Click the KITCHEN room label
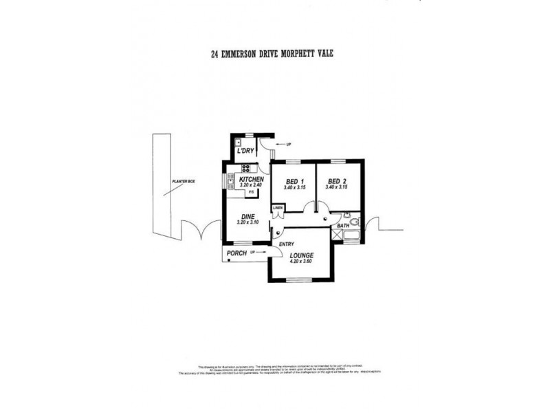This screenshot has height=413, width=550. click(x=251, y=179)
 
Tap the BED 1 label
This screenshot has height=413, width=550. click(x=295, y=182)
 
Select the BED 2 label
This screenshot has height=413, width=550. click(x=338, y=182)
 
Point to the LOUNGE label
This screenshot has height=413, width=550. click(x=301, y=255)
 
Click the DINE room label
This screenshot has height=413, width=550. click(x=247, y=216)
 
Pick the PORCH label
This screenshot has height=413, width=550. click(x=236, y=253)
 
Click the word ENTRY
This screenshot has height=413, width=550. click(x=287, y=243)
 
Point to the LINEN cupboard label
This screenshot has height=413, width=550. click(x=278, y=207)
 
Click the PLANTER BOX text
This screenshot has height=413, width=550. click(x=184, y=181)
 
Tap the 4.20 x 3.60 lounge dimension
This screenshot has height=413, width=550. click(x=301, y=262)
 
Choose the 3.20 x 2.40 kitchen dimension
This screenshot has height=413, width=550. click(x=251, y=185)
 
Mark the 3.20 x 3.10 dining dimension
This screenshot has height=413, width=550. click(x=247, y=222)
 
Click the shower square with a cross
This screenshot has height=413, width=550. click(x=336, y=235)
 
